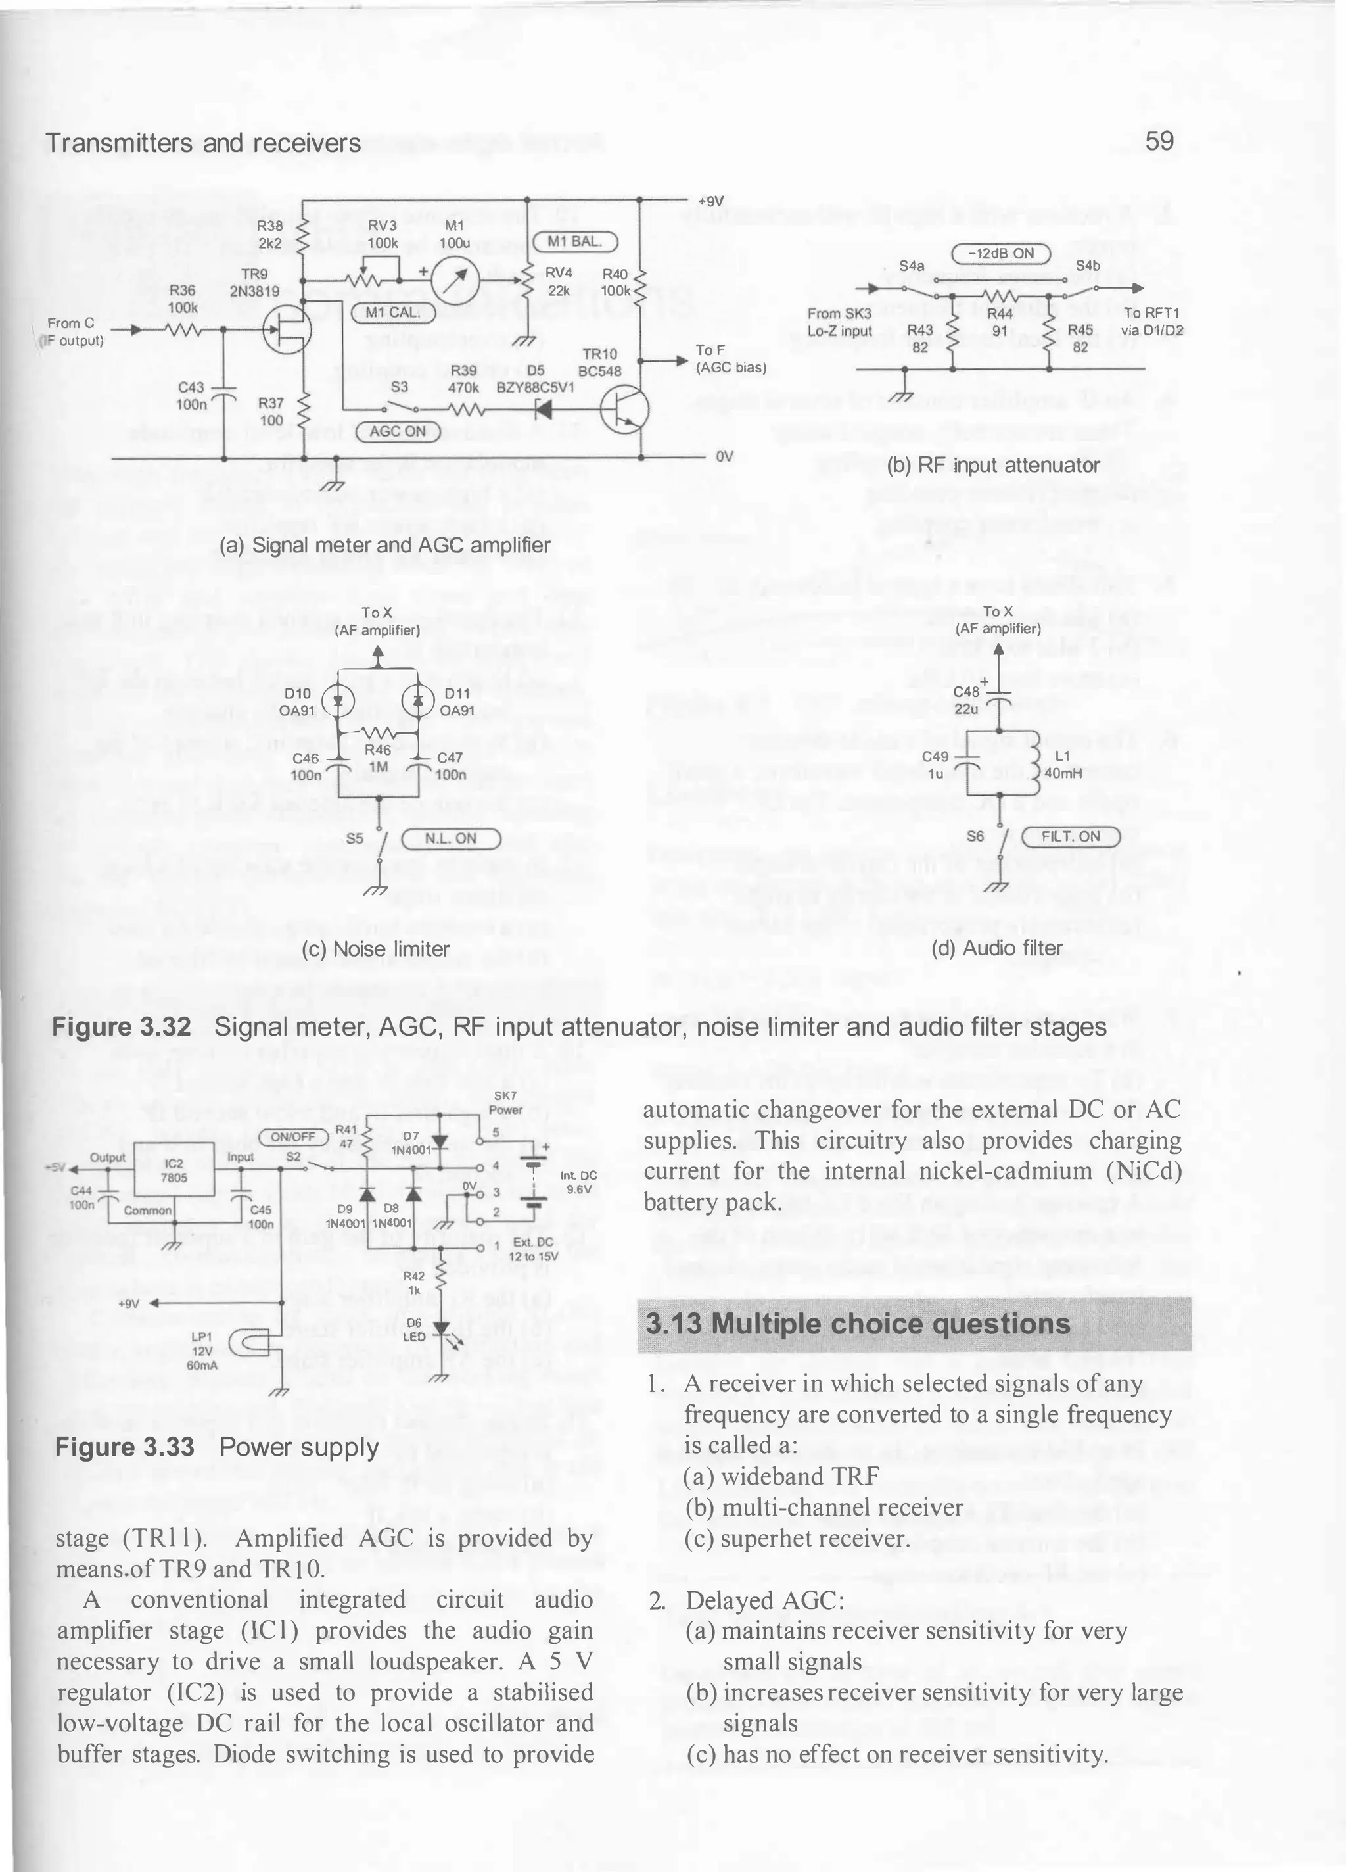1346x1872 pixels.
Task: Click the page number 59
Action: tap(1159, 141)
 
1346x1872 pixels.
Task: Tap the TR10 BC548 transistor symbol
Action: tap(625, 408)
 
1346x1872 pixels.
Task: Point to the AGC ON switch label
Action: tap(397, 431)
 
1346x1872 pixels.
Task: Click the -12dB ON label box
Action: tap(1000, 253)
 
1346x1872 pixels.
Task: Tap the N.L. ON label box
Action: tap(451, 838)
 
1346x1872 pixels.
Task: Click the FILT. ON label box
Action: tap(1071, 836)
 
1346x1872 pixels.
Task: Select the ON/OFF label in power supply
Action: tap(293, 1137)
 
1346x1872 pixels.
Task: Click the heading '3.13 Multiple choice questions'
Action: tap(858, 1324)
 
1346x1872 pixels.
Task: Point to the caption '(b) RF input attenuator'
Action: tap(993, 466)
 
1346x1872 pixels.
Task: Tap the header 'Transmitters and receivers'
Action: tap(203, 143)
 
